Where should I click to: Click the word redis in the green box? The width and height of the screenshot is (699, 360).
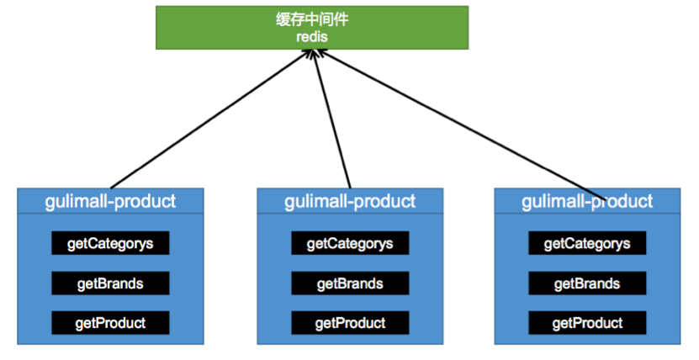click(311, 37)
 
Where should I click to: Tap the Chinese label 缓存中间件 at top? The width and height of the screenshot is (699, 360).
click(311, 19)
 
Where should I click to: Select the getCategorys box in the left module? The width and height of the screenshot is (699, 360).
click(110, 244)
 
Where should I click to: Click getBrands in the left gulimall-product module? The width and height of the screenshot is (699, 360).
click(110, 283)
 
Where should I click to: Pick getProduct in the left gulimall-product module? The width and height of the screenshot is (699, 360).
click(110, 322)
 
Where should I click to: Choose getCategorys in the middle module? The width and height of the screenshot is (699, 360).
click(350, 244)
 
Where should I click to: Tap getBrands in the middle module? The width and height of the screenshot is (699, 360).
click(350, 283)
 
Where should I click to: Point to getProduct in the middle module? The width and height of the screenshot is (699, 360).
click(350, 322)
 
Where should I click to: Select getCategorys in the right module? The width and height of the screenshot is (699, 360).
click(587, 244)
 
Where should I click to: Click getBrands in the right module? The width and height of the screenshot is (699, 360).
click(587, 283)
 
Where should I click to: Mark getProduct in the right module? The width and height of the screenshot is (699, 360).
click(587, 322)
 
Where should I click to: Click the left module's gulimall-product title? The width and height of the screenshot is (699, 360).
click(110, 201)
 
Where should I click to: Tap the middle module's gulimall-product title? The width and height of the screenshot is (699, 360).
click(350, 201)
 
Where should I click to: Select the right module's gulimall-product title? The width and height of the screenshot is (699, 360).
click(587, 201)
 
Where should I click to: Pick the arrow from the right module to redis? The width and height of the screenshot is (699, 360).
click(458, 123)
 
